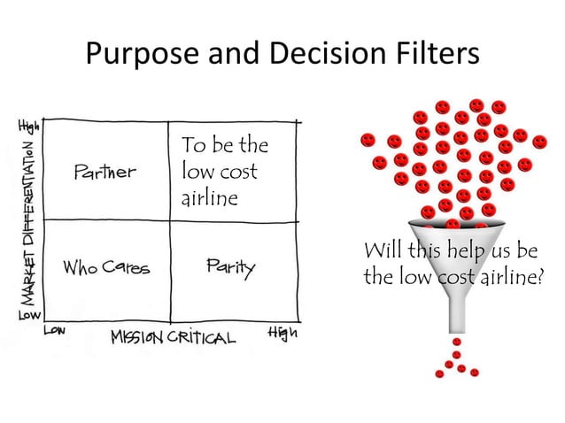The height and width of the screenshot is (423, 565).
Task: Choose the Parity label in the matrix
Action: coord(229,266)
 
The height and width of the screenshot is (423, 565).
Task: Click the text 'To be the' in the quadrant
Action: coord(224,145)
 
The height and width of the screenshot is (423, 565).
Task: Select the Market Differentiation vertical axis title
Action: coord(28,220)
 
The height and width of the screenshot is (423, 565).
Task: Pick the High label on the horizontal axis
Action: coord(282,334)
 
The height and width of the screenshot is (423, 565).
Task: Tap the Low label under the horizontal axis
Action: coord(55,331)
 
